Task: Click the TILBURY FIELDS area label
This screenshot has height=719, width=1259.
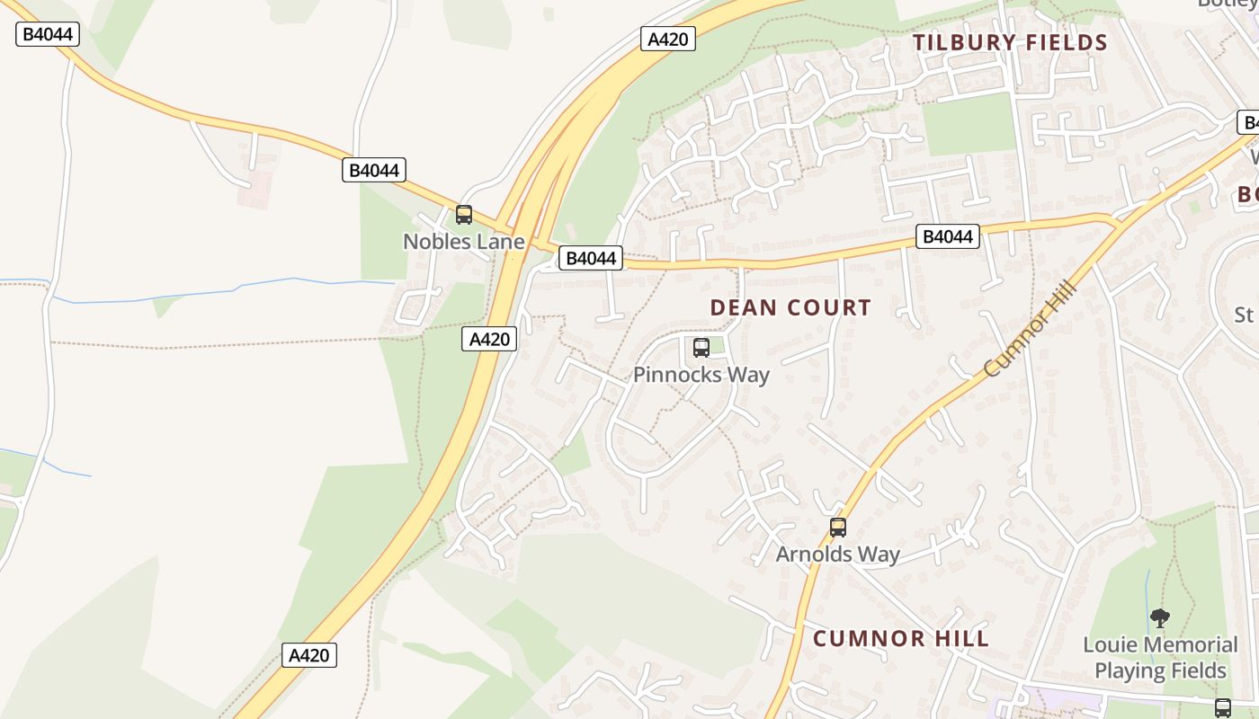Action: coord(1010,42)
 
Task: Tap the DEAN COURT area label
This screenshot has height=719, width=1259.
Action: coord(790,307)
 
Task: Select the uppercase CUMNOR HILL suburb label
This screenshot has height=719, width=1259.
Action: coord(901,639)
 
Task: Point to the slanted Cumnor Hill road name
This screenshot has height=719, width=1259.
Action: coord(1030,328)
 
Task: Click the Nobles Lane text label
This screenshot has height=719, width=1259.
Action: coord(463,242)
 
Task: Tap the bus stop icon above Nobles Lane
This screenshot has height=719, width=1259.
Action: coord(464,215)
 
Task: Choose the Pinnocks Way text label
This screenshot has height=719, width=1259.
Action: coord(701,375)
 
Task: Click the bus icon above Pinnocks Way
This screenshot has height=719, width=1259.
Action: coord(701,348)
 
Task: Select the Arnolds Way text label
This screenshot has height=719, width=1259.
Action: coord(837,555)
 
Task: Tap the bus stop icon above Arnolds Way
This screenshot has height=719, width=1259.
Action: coord(838,528)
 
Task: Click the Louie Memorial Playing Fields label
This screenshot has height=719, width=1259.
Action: coord(1160,658)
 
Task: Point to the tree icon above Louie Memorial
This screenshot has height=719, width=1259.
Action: coord(1160,618)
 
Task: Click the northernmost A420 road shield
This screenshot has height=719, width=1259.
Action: coord(668,39)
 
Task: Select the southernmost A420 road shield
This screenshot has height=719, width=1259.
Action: coord(310,655)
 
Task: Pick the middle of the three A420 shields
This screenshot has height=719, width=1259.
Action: coord(489,339)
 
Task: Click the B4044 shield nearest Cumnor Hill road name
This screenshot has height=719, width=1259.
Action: coord(948,236)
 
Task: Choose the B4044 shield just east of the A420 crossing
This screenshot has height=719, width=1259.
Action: coord(590,259)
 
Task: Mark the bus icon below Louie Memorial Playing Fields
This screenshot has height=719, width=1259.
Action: coord(1223,707)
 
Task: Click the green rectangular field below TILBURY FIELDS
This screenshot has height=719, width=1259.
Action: coord(969,124)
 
